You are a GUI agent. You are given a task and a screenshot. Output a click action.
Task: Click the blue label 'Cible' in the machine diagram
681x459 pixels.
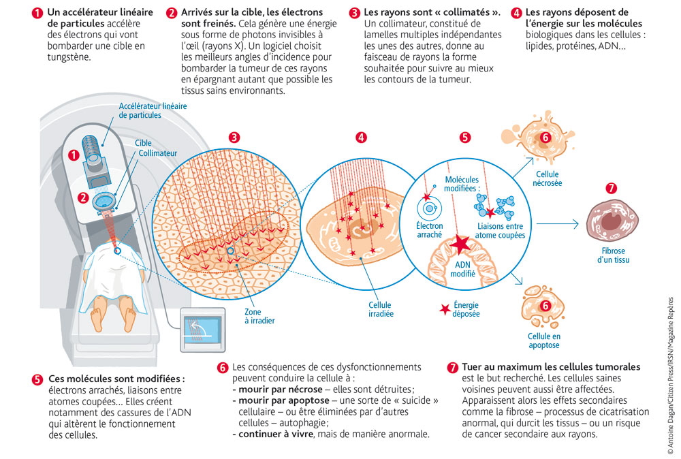[x=143, y=143]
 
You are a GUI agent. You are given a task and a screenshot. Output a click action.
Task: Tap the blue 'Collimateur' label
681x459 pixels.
[x=158, y=154]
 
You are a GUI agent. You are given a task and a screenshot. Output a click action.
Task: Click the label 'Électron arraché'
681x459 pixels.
[x=430, y=230]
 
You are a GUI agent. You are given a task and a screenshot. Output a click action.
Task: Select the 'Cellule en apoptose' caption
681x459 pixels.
[x=544, y=341]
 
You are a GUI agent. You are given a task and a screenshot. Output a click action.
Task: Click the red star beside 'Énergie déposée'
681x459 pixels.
[x=445, y=309]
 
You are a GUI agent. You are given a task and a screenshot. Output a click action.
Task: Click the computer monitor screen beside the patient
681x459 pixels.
[x=200, y=331]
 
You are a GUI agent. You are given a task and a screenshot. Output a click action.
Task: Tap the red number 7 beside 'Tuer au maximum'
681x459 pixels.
[x=452, y=367]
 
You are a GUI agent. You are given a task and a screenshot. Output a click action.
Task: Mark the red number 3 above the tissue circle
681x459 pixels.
[x=234, y=137]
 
